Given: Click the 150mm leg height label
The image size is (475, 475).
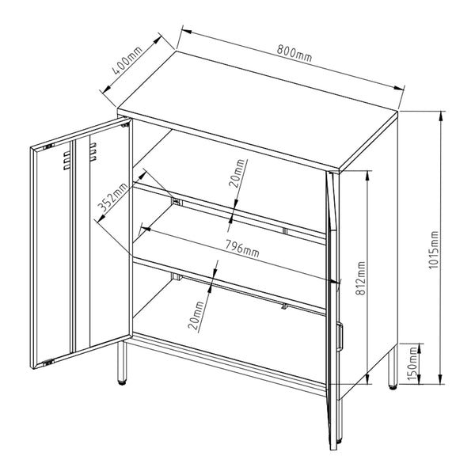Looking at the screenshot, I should tap(412, 365).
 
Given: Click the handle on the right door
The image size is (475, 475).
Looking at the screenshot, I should tap(340, 336).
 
